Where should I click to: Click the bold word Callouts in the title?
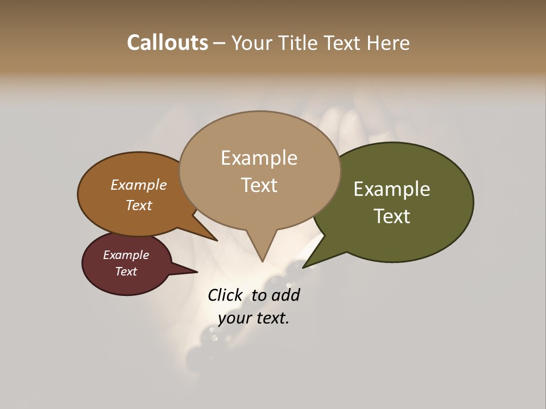[x=167, y=43]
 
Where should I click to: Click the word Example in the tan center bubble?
[x=259, y=158]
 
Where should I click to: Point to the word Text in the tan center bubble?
[x=259, y=185]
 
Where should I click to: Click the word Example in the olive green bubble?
[x=392, y=189]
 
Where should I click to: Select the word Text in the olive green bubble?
[x=392, y=216]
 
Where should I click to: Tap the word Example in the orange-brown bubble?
[x=138, y=185]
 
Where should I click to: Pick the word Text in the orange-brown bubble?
[x=138, y=205]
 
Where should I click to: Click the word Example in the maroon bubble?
[x=126, y=255]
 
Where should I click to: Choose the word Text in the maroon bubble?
[x=126, y=272]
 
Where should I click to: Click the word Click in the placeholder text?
[x=225, y=295]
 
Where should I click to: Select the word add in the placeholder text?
[x=286, y=295]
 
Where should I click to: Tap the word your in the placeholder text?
[x=234, y=318]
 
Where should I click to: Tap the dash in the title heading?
[x=220, y=43]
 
